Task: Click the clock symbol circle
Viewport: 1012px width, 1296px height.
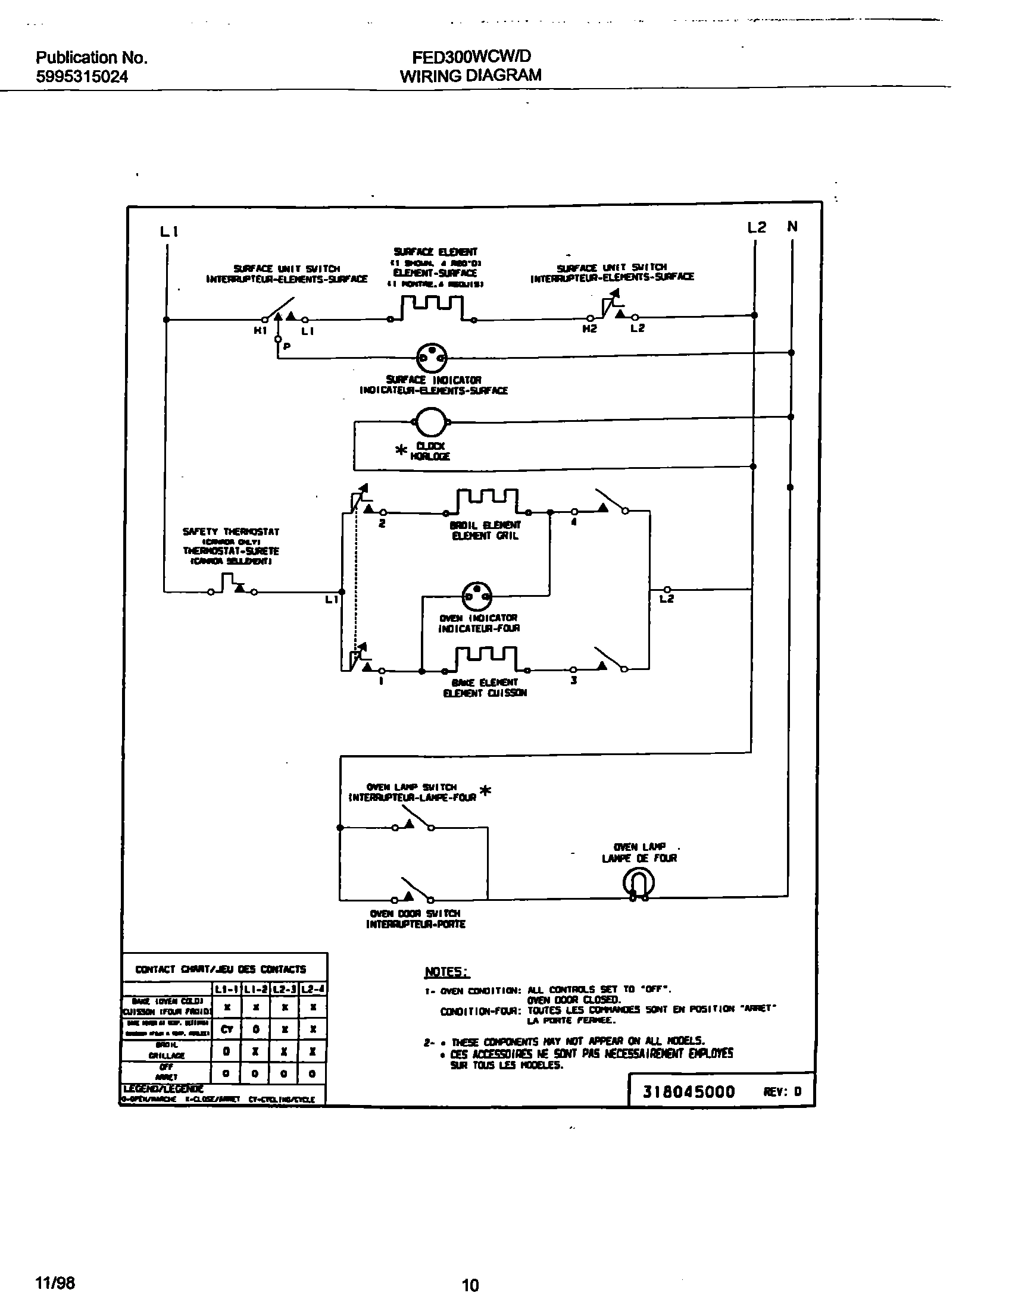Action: coord(430,422)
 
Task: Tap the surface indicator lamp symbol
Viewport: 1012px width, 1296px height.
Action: coord(432,358)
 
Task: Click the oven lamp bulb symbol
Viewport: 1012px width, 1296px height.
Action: coord(639,882)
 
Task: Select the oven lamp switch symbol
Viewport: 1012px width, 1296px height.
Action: coord(413,819)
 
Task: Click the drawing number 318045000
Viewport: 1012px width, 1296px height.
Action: coord(689,1091)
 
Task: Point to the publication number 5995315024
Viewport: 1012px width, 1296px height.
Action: coord(82,77)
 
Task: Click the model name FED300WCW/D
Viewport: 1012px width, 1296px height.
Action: coord(471,57)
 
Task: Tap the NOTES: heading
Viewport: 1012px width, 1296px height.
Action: coord(447,972)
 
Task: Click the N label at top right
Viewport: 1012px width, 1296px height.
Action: coord(792,226)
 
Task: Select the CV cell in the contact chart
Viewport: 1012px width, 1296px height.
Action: coord(227,1029)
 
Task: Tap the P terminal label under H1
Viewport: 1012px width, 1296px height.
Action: coord(286,346)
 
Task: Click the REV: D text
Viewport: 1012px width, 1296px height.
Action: coord(782,1091)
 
